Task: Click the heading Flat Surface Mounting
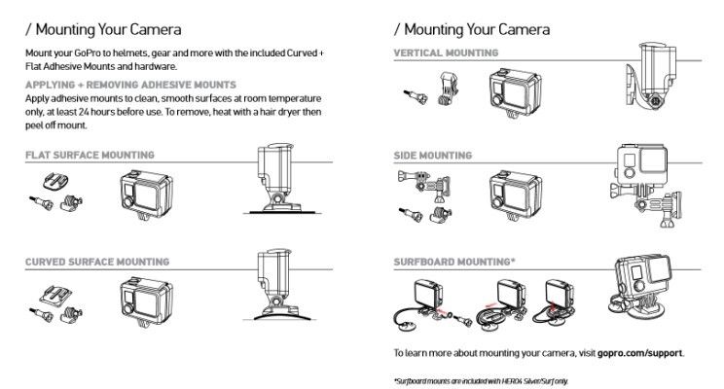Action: pyautogui.click(x=90, y=156)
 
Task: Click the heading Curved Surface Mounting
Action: pyautogui.click(x=97, y=262)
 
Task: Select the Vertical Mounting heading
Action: pyautogui.click(x=447, y=52)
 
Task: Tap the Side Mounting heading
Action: pyautogui.click(x=433, y=156)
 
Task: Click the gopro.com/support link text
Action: pyautogui.click(x=641, y=352)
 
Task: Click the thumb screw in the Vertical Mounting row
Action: pyautogui.click(x=413, y=94)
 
